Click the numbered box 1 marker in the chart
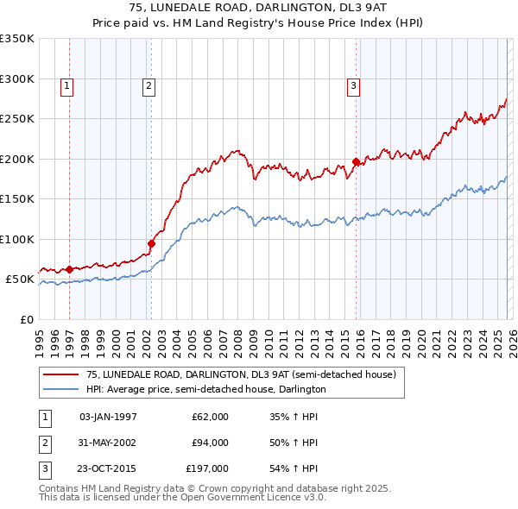(67, 85)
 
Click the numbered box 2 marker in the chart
(149, 85)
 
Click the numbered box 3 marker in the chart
(354, 85)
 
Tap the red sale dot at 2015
(356, 161)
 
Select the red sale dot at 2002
(151, 243)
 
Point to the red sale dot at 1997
(69, 269)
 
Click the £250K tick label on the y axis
(17, 118)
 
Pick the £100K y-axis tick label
(17, 239)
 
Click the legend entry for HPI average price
(205, 389)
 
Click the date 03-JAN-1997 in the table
(108, 417)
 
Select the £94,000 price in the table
(210, 443)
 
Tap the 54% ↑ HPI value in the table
(294, 468)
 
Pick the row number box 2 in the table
(44, 443)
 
